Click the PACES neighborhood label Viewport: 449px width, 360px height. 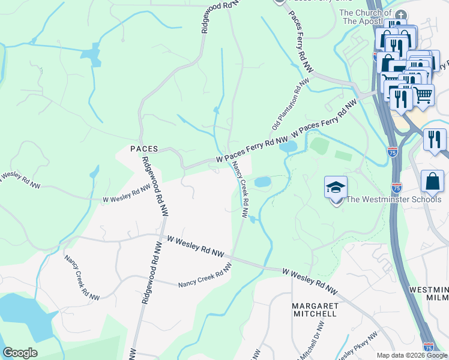point(144,148)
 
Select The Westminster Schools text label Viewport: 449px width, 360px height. point(394,200)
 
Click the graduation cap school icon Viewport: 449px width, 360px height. point(336,187)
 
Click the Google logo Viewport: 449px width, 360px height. point(20,353)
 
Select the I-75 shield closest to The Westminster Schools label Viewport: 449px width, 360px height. point(396,187)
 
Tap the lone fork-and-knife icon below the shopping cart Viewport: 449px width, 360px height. point(435,139)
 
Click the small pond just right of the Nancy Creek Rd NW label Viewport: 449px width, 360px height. point(263,182)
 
